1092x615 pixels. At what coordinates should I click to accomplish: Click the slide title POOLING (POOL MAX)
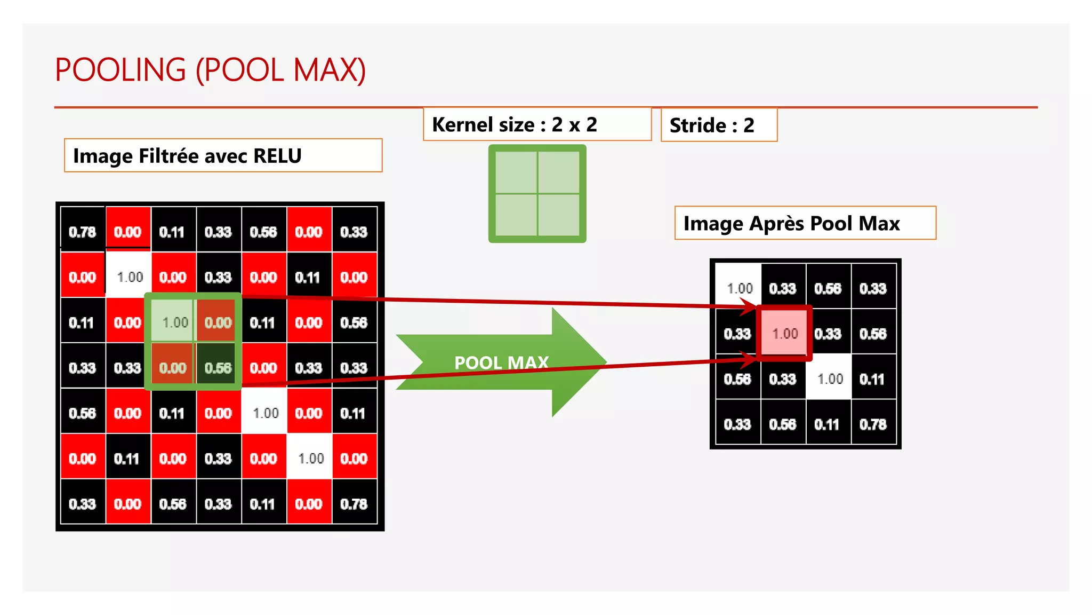point(210,70)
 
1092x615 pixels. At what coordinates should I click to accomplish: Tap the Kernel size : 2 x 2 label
point(514,125)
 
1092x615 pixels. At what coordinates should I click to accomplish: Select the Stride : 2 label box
point(712,125)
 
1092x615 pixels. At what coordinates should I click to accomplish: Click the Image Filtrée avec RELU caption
point(187,156)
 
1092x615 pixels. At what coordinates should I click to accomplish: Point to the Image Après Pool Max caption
point(791,223)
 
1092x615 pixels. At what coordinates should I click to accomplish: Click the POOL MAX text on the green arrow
point(501,362)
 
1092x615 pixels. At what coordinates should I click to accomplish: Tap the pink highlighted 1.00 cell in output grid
point(784,334)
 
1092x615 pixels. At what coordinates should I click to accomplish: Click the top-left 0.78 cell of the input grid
point(82,232)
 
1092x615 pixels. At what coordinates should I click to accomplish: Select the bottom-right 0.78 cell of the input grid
point(354,504)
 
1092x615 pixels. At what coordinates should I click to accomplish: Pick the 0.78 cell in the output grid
point(873,424)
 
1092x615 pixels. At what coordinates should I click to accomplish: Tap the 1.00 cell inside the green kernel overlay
point(174,322)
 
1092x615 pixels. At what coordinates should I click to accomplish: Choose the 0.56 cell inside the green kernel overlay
point(218,368)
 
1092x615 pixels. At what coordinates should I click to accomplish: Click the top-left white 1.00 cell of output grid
point(738,288)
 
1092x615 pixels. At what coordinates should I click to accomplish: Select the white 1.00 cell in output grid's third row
point(829,379)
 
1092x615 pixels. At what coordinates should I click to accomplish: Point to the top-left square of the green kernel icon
point(516,172)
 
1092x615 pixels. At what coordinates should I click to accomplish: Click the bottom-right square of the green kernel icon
point(559,215)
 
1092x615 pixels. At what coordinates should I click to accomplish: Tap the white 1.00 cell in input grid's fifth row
point(264,413)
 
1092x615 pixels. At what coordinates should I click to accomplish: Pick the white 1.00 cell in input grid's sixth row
point(310,459)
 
